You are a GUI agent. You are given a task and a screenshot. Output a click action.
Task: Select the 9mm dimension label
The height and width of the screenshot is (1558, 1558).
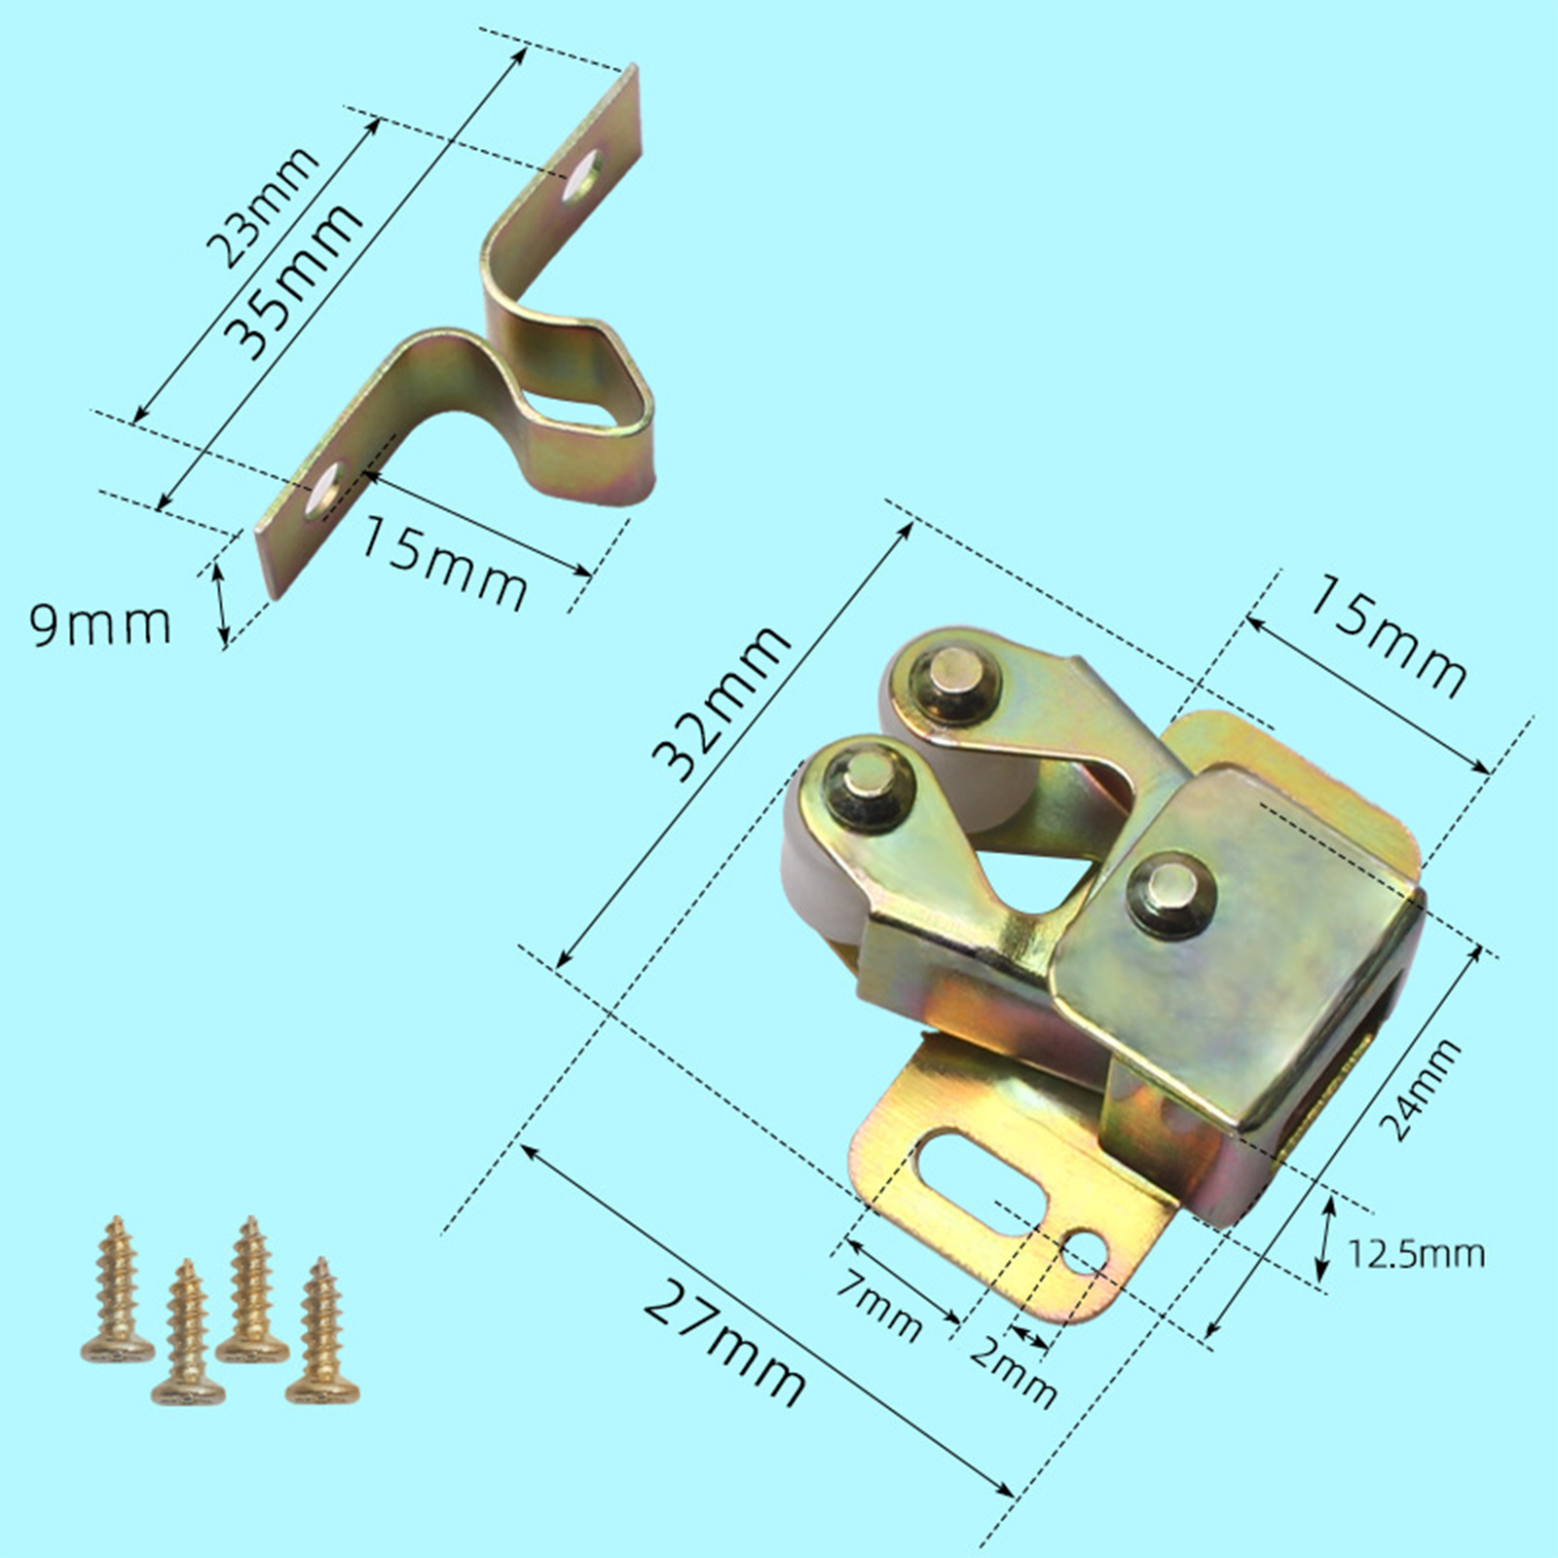coord(100,624)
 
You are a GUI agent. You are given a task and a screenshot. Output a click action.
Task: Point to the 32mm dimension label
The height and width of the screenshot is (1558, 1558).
coord(721,703)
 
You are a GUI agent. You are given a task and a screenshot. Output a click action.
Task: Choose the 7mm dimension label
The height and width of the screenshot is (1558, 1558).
coord(879,1304)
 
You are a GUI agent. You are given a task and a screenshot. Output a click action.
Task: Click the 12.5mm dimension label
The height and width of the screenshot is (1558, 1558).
coord(1417,1253)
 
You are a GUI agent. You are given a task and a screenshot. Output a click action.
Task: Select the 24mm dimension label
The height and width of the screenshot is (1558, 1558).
coord(1422,1090)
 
